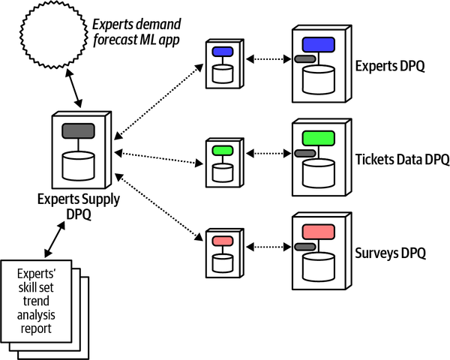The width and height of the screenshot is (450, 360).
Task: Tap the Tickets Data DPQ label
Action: [x=401, y=159]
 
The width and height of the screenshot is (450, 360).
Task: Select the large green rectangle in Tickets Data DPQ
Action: [x=317, y=138]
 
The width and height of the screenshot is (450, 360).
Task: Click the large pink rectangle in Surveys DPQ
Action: [x=317, y=231]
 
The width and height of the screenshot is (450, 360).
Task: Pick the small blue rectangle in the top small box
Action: [x=223, y=52]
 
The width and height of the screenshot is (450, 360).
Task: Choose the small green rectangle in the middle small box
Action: [x=223, y=150]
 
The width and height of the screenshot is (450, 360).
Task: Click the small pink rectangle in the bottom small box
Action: [x=223, y=241]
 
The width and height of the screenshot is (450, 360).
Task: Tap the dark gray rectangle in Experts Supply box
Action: [x=78, y=130]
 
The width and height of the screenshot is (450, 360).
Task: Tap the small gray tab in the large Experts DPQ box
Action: [x=304, y=58]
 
